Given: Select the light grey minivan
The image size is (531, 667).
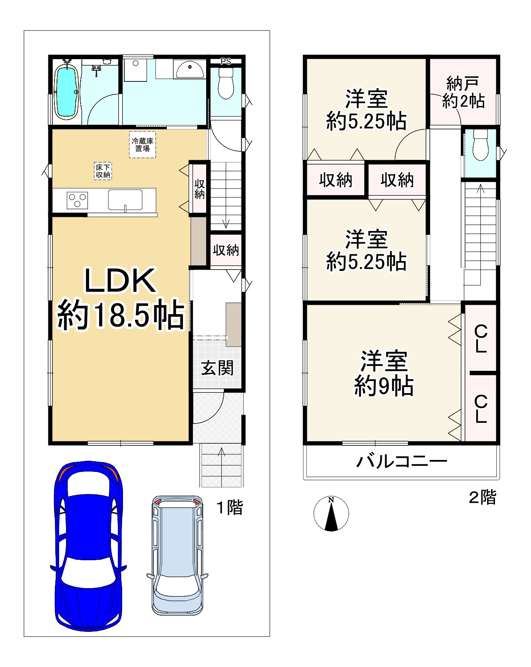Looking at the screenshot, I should click(x=177, y=555).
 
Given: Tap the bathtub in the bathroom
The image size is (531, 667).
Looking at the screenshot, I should click(x=66, y=91).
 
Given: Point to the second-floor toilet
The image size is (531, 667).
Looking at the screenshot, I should click(x=480, y=145).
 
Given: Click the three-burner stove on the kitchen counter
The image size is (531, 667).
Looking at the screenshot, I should click(x=77, y=200).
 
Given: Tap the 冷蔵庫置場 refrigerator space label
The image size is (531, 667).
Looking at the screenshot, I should click(x=142, y=145).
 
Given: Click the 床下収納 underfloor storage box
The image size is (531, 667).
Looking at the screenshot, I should click(x=103, y=171).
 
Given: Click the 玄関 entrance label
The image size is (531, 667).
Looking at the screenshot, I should click(x=218, y=368).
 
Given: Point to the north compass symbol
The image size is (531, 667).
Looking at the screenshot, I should click(x=331, y=514).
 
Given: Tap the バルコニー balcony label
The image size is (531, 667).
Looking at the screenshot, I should click(x=402, y=462).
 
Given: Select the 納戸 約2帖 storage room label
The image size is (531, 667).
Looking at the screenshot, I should click(x=463, y=92).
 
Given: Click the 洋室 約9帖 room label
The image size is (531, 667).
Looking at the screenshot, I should click(x=384, y=373).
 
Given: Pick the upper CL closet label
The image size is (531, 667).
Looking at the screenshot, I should click(x=481, y=339).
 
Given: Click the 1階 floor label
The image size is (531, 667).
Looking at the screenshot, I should click(x=229, y=508).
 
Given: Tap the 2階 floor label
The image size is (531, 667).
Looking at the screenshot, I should click(x=483, y=497).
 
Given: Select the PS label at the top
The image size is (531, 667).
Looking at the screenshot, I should click(x=226, y=61).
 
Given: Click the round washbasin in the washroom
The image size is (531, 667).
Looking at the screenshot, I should click(x=190, y=69).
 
